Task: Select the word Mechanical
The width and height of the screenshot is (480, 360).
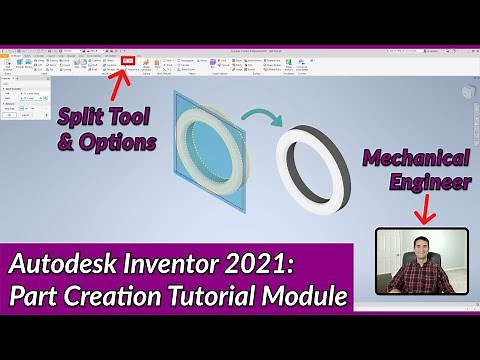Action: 417,157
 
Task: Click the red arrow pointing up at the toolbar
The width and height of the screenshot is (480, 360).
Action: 127,82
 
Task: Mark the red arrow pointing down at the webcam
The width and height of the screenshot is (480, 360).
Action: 421,211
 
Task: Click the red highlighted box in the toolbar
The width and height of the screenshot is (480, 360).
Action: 127,60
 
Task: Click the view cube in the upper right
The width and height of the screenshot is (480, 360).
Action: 466,91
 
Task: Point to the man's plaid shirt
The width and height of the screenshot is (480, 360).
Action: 421,280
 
